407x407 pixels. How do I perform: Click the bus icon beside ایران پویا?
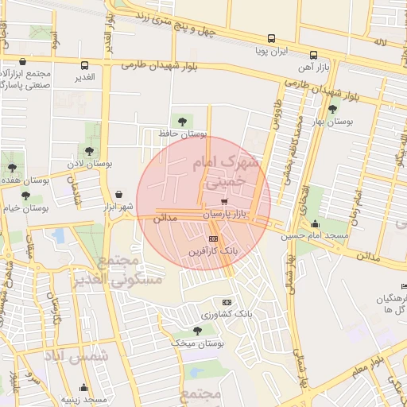[x=272, y=38]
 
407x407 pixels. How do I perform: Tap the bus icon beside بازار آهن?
[x=313, y=56]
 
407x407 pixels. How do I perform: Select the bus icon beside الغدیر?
[x=84, y=65]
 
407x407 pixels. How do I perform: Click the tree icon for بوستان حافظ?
[x=184, y=121]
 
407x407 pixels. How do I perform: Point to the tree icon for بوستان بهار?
[x=332, y=109]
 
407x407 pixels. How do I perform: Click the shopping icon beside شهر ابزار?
[x=118, y=194]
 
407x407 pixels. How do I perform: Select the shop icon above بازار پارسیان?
[x=211, y=202]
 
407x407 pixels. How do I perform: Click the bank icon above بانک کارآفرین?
[x=212, y=238]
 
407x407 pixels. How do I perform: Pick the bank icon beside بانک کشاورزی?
[x=227, y=302]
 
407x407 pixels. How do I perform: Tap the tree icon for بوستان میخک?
[x=197, y=330]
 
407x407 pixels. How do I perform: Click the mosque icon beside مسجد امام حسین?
[x=316, y=223]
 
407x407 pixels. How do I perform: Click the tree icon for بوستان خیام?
[x=25, y=195]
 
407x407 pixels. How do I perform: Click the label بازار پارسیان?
[x=226, y=215]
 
